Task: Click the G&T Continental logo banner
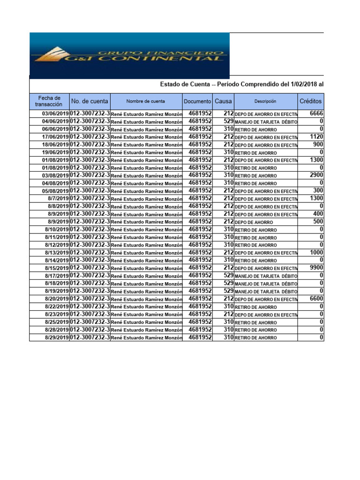click(129, 55)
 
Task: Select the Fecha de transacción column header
click(49, 101)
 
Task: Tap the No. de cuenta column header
click(90, 101)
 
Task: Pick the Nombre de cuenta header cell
click(146, 101)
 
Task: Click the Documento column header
click(197, 101)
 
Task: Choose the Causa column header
click(223, 101)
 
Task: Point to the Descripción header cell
click(265, 101)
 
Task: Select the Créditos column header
click(310, 101)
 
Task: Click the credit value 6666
click(316, 113)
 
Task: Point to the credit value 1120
click(316, 137)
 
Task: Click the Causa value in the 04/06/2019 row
click(228, 121)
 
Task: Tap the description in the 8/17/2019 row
click(266, 276)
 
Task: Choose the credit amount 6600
click(316, 299)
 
